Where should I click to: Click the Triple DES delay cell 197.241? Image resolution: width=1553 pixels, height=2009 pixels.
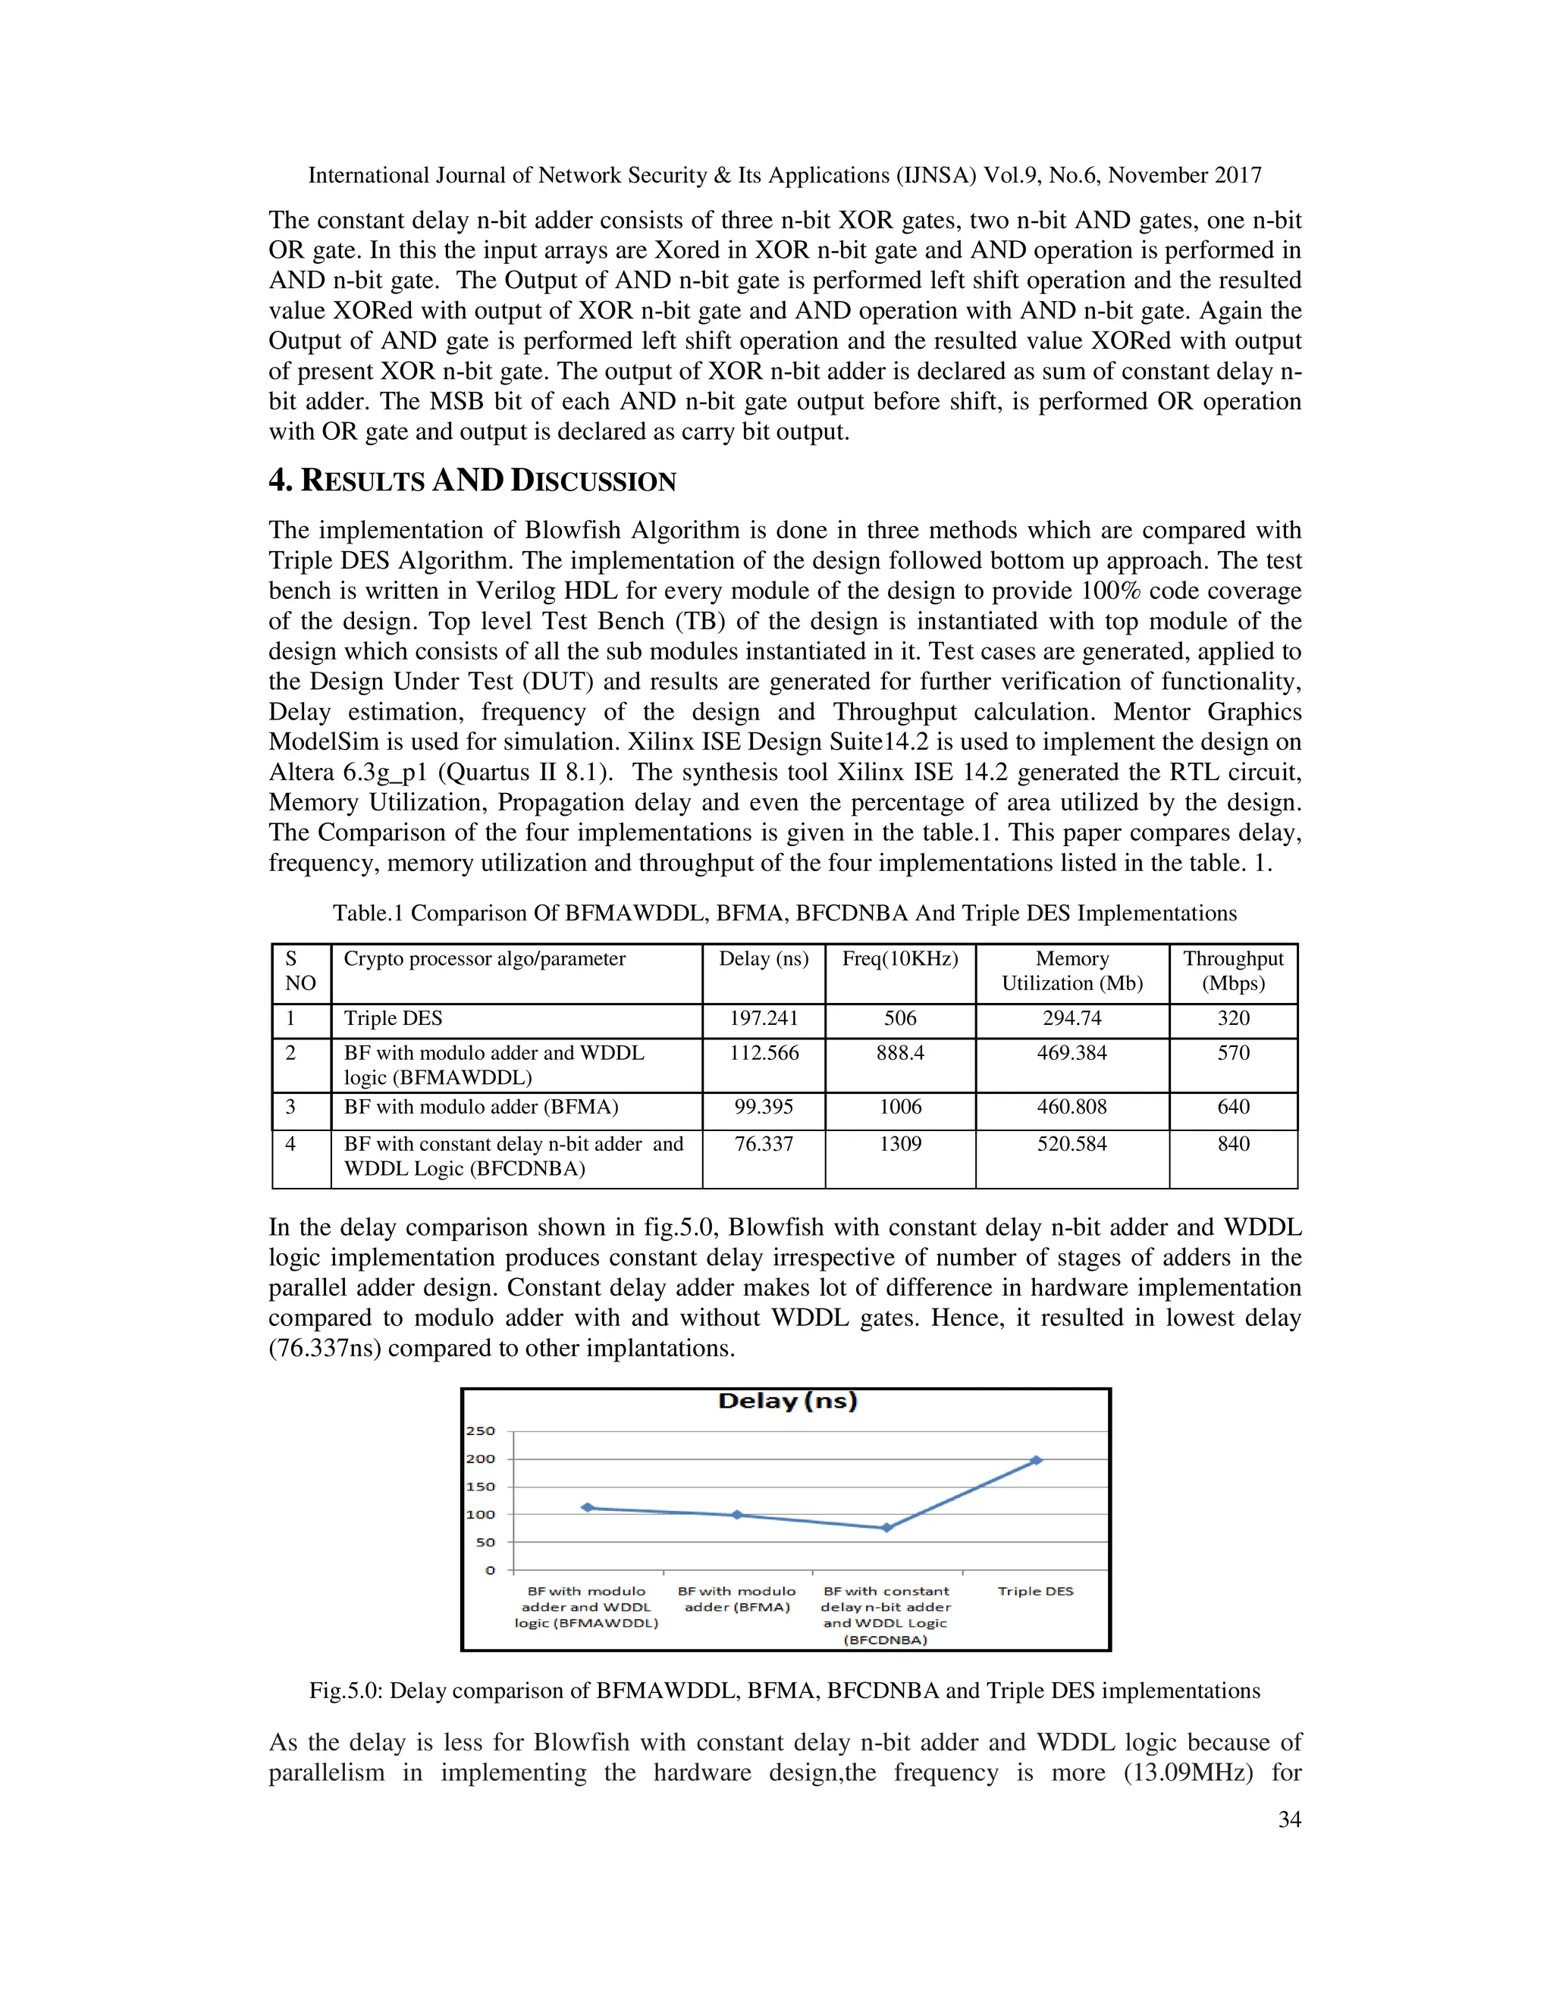[x=764, y=1018]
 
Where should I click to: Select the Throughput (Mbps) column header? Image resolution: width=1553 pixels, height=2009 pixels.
[x=1233, y=970]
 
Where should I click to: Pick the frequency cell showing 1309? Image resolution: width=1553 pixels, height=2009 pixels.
[x=900, y=1143]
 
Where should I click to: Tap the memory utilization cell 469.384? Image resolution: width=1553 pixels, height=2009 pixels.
[x=1071, y=1052]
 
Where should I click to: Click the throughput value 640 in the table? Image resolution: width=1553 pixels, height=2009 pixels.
[x=1233, y=1107]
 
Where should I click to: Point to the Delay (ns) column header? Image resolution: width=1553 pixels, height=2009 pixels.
[x=764, y=958]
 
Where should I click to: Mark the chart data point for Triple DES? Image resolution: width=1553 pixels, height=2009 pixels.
[x=1036, y=1460]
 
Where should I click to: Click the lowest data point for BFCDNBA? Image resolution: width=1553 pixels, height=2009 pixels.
[x=886, y=1528]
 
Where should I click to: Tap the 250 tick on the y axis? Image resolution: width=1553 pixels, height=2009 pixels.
[x=480, y=1431]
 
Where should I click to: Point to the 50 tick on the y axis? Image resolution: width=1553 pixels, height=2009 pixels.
[x=485, y=1542]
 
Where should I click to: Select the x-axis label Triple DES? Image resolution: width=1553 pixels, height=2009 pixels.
[x=1035, y=1591]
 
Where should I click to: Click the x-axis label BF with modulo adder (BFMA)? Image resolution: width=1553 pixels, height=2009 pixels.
[x=736, y=1599]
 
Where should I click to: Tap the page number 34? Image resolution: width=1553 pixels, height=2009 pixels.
[x=1289, y=1819]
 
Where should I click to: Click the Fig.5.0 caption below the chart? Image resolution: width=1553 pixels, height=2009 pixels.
[x=784, y=1691]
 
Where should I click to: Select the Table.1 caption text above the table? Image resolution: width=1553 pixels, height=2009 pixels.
[x=784, y=913]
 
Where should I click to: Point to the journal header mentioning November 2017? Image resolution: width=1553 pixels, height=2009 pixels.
[x=784, y=175]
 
